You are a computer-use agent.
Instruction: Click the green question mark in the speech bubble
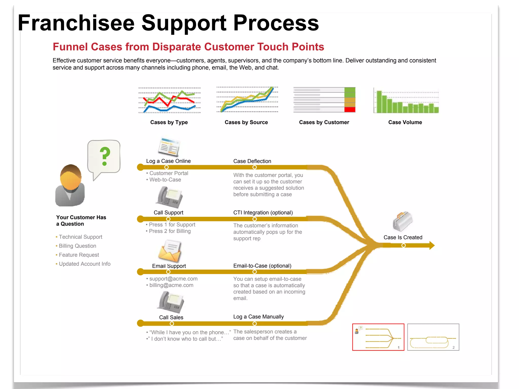tap(105, 156)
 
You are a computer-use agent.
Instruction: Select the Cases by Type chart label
tap(169, 122)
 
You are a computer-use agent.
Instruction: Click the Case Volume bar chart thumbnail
tap(406, 102)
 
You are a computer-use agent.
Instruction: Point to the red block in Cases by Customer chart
tap(350, 110)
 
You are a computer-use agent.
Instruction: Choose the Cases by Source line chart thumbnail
tap(247, 100)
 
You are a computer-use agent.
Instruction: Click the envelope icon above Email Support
tap(170, 251)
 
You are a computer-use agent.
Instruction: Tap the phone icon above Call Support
tap(169, 197)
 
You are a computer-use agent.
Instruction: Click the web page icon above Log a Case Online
tap(169, 147)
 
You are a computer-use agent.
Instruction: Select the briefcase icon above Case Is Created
tap(402, 221)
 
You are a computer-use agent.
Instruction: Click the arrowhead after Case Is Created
tap(432, 245)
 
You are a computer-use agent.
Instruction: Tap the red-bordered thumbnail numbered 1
tap(378, 337)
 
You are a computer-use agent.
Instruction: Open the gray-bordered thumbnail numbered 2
tap(433, 337)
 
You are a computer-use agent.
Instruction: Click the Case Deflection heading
tap(252, 161)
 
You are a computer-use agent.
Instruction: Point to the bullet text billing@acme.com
tap(171, 285)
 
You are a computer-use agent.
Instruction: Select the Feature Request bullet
tap(79, 255)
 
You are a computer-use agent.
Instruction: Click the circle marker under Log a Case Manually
tap(255, 324)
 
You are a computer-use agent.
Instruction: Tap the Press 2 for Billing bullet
tap(170, 231)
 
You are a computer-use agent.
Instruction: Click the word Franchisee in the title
tap(76, 23)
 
